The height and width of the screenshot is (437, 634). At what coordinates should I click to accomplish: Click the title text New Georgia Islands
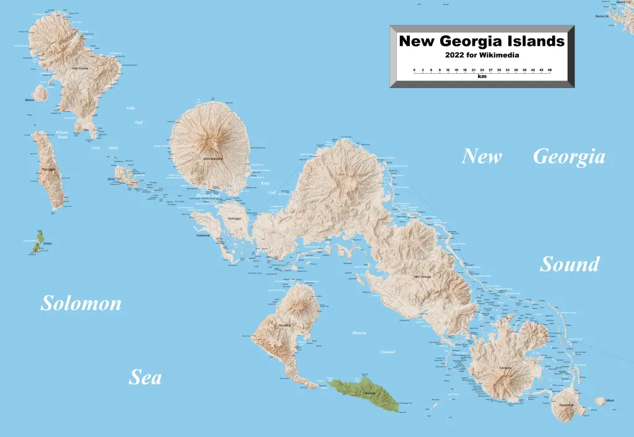pos(482,42)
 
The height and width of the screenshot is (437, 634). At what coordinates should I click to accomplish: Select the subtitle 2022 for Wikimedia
pos(482,55)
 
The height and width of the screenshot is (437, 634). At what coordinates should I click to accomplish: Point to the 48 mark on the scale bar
pos(549,70)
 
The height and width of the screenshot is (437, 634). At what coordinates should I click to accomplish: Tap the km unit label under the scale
pos(482,77)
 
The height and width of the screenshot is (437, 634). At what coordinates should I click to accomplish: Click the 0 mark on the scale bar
pos(414,70)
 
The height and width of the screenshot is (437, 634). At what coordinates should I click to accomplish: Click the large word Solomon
pos(80,303)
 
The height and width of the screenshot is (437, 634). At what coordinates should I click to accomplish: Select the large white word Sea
pos(145,377)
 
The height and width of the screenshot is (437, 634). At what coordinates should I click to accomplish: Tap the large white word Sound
pos(570,264)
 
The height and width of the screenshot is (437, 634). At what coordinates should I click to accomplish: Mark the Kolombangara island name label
pos(207,158)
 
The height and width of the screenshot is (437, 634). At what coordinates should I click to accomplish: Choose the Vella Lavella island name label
pos(80,68)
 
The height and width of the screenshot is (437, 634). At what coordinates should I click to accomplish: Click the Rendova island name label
pos(284,325)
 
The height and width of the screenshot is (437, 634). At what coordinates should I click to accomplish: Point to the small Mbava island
pos(41,93)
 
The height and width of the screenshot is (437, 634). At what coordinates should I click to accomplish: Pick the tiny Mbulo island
pos(600,402)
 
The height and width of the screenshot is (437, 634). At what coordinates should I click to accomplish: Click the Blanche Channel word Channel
pos(387,352)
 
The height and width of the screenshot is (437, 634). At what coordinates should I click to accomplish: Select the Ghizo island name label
pos(111,179)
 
